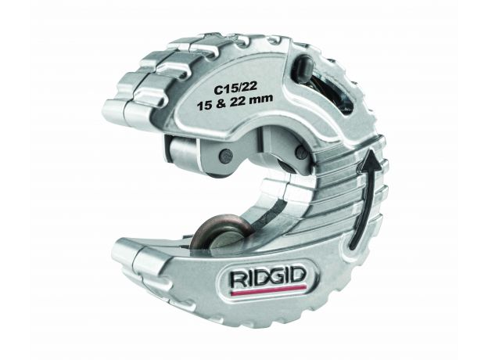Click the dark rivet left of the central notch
pos(226,153)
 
